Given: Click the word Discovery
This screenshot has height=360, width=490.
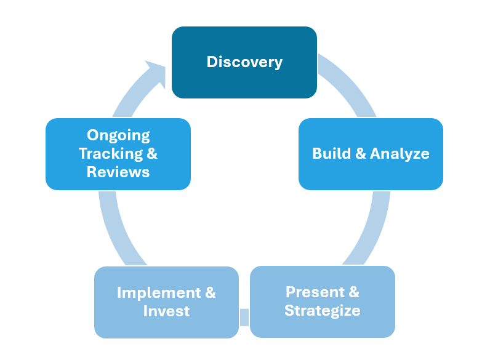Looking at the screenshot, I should point(244,62).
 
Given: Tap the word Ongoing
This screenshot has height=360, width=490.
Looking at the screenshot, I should point(118,135).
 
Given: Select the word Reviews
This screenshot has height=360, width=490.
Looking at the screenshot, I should point(118,172).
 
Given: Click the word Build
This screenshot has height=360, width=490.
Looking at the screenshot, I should point(331,154).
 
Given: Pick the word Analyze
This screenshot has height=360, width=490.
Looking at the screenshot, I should point(400,154).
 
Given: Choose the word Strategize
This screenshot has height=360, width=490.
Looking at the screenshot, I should point(323,311).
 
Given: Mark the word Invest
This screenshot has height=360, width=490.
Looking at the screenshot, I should point(166,311).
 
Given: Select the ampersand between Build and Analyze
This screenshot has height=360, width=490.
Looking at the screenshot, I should point(360,154).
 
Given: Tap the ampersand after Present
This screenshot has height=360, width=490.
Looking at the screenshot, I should point(354,292).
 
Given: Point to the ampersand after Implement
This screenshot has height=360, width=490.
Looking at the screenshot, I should point(210,292).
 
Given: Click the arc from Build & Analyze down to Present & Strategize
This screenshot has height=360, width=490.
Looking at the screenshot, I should point(372,228).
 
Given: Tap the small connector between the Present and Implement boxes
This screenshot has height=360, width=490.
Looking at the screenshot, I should point(244,317).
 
